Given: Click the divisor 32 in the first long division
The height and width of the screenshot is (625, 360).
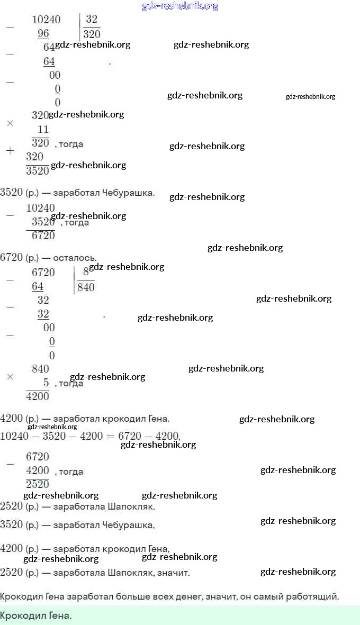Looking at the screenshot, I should tap(92, 20).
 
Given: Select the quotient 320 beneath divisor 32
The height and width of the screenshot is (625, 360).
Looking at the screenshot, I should tap(92, 34).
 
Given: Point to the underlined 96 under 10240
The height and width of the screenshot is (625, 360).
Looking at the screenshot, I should tap(43, 33).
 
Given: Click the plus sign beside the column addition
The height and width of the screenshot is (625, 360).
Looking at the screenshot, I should tap(10, 151).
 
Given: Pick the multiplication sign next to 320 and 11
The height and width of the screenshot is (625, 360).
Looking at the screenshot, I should tap(10, 123).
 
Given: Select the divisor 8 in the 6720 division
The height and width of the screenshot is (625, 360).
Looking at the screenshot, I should tap(86, 273).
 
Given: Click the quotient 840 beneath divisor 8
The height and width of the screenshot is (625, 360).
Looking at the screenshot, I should tap(86, 287).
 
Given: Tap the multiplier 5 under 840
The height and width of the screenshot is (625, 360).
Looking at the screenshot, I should tap(46, 382).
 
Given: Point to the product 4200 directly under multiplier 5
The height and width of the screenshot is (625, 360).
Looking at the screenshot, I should tap(38, 396).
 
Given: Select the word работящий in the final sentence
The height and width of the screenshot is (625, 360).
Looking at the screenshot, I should tap(314, 597).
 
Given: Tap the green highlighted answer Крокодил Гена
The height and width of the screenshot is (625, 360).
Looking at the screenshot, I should tap(35, 616).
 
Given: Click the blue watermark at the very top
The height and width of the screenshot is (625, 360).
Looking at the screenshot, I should tap(180, 6).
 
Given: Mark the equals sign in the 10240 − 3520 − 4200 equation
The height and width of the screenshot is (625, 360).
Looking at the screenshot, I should tap(110, 436).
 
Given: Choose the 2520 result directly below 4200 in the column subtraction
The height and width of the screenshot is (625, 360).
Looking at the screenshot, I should tap(38, 484).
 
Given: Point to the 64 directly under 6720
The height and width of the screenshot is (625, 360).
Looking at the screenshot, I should tap(38, 286).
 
